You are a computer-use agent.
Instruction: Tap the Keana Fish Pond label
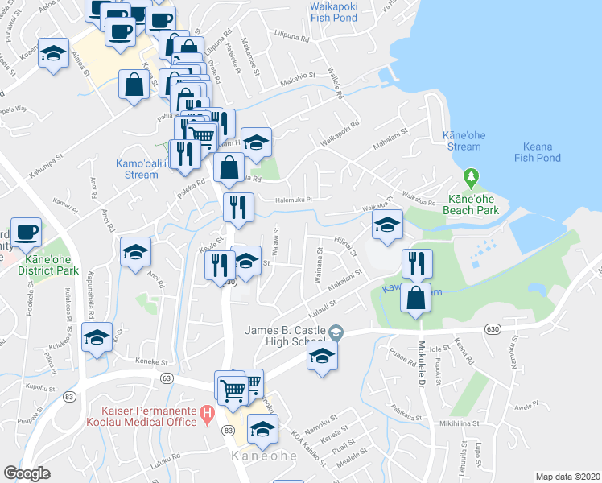tap(538, 153)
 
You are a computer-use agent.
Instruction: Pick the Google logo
tap(27, 473)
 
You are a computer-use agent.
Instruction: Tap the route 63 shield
tap(167, 378)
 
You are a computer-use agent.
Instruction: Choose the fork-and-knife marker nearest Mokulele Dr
tap(417, 262)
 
